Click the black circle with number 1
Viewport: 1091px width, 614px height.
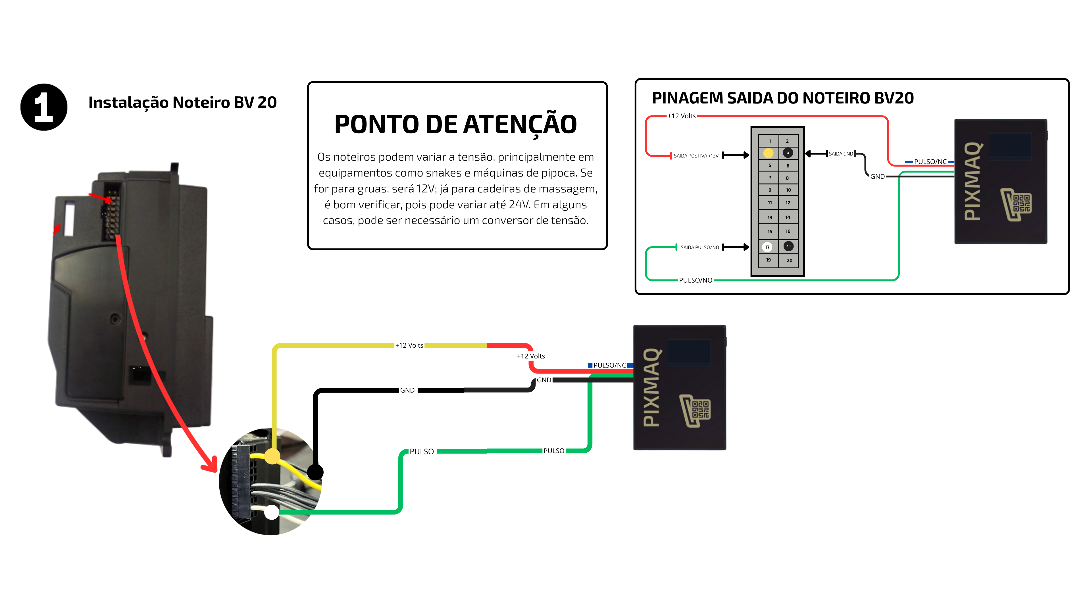click(x=44, y=107)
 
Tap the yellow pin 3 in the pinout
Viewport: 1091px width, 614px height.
click(x=768, y=153)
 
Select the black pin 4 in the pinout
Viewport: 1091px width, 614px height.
click(x=788, y=153)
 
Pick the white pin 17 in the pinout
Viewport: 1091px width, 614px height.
click(x=767, y=247)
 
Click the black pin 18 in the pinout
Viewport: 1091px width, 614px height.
click(x=788, y=246)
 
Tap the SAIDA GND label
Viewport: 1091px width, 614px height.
click(x=841, y=154)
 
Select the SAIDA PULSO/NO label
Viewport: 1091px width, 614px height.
click(x=700, y=248)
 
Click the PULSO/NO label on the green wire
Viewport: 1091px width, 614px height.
click(x=696, y=280)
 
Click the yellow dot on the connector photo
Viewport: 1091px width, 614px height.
click(x=272, y=456)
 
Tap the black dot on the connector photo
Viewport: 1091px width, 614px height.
click(x=315, y=472)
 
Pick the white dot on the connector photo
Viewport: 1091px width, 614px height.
click(x=272, y=512)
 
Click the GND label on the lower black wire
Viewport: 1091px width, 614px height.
click(x=407, y=390)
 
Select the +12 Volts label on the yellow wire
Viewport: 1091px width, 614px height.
click(x=409, y=345)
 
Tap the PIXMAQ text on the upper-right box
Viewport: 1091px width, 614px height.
click(x=973, y=181)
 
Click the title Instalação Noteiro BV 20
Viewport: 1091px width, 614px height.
click(x=182, y=103)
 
